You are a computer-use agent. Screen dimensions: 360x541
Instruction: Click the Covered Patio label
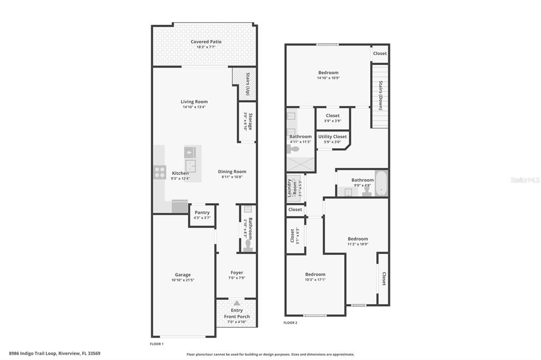click(x=206, y=42)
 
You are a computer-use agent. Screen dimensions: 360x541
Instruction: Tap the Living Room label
click(x=194, y=102)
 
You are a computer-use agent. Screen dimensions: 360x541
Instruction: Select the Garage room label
click(x=183, y=274)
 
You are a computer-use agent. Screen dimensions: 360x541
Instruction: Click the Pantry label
click(x=202, y=213)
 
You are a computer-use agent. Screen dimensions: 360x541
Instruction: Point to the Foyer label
click(x=237, y=273)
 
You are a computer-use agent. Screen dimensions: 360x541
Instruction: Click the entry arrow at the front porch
click(x=237, y=303)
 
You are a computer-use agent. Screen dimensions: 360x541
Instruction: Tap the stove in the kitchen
click(x=160, y=172)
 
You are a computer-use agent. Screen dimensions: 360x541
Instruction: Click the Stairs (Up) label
click(x=247, y=84)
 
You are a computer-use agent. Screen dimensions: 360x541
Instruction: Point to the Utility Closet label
click(x=332, y=137)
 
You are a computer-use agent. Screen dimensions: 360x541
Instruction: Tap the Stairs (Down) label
click(x=380, y=95)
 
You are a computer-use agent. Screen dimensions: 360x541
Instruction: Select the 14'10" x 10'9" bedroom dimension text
click(x=328, y=78)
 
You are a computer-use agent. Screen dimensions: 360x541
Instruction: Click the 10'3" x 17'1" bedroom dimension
click(x=315, y=280)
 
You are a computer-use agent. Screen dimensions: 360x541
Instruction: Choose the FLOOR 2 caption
click(x=291, y=323)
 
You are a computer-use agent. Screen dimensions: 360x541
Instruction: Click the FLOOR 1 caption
click(x=157, y=344)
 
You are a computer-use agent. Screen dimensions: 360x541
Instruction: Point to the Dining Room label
click(x=232, y=172)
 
